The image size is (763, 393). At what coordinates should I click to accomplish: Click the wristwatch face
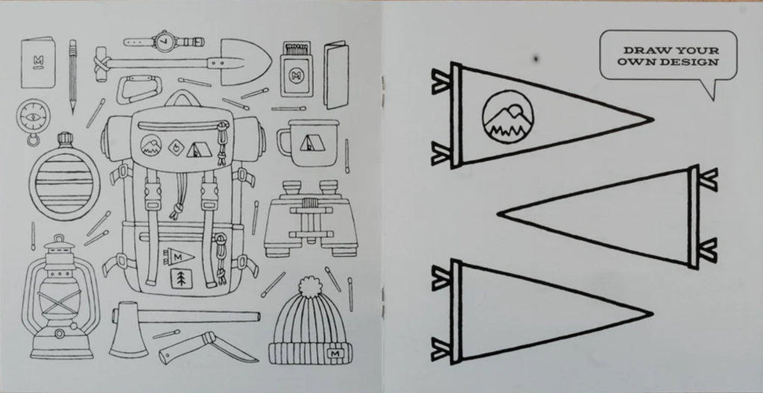(163, 42)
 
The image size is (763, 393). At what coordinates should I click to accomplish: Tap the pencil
(72, 76)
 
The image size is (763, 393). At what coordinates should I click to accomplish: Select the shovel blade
(246, 62)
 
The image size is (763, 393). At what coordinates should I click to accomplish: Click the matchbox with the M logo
(297, 69)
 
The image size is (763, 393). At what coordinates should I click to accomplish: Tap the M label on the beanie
(334, 353)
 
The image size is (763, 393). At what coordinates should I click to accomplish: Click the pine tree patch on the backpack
(181, 279)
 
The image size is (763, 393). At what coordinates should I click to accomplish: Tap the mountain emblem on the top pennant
(507, 117)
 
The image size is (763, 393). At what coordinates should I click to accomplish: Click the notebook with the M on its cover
(38, 63)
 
